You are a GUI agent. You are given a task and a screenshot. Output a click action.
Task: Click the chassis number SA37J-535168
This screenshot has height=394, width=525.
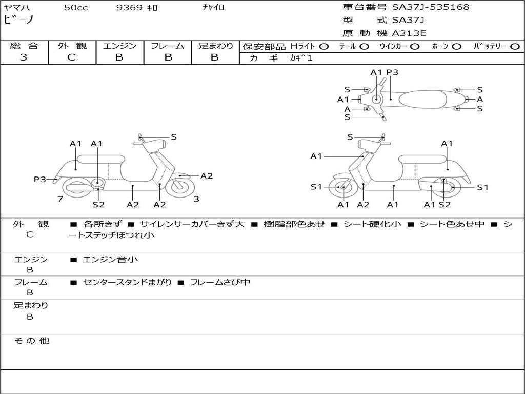pos(431,7)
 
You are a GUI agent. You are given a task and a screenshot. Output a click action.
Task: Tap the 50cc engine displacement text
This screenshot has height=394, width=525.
pos(76,8)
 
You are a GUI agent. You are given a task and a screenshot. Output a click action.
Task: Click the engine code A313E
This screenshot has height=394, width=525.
pos(409,34)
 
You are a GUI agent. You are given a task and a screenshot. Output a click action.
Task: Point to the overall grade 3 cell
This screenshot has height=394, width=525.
pos(24,57)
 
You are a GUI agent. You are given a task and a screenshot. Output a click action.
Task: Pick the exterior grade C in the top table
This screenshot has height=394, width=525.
pos(72,57)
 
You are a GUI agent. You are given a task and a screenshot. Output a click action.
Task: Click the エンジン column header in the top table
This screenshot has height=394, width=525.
pos(119,46)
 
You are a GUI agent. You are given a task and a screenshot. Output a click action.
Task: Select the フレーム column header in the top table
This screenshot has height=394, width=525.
pos(168,46)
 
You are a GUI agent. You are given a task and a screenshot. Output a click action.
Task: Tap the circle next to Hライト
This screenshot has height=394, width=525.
pos(324,47)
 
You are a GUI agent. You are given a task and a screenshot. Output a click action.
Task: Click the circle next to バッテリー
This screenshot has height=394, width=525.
pos(515,47)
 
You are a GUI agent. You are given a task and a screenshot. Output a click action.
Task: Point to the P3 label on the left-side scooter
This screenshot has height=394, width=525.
pos(40,180)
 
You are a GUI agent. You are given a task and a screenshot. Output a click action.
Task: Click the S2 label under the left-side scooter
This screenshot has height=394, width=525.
pos(98,205)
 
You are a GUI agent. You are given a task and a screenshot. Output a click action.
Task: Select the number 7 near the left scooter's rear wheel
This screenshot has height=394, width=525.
pos(60,199)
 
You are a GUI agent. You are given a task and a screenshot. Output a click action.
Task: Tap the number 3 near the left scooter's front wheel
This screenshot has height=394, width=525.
pos(196,199)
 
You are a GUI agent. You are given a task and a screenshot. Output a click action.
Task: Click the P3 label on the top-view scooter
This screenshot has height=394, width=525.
pos(392,72)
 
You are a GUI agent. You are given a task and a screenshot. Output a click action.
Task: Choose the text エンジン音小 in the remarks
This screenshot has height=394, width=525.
pos(110,260)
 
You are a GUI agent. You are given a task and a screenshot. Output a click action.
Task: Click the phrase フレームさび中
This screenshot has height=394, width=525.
pos(220,282)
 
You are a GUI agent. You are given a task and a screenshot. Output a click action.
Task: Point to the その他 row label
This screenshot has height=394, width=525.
pos(31,341)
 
